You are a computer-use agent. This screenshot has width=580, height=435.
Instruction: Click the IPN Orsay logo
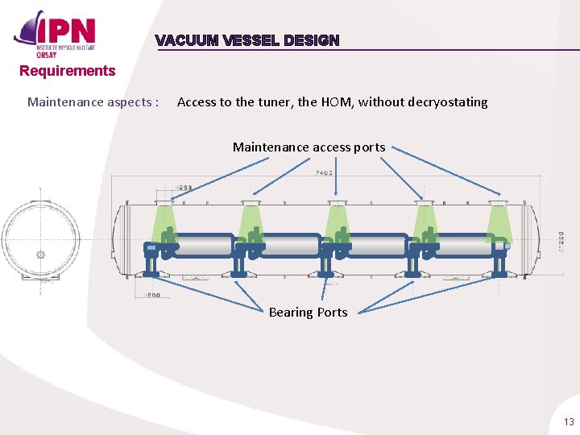point(56,34)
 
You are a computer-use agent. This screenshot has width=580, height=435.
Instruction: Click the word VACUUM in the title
point(183,40)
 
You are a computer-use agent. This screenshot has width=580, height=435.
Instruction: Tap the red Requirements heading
point(68,71)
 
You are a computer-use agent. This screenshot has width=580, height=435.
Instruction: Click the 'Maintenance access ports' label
point(309,147)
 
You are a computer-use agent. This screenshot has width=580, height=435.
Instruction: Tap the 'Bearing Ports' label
point(308,312)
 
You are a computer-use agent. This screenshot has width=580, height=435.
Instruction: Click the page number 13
point(569,422)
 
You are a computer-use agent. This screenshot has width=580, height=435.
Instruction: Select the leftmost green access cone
point(165,218)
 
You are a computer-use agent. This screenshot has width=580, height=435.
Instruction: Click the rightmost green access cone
point(500,219)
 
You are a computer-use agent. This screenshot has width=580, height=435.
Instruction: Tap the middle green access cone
point(338,219)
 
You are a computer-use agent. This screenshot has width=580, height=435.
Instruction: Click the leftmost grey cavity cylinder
point(201,245)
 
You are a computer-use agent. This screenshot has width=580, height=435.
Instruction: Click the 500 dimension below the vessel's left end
point(151,296)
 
